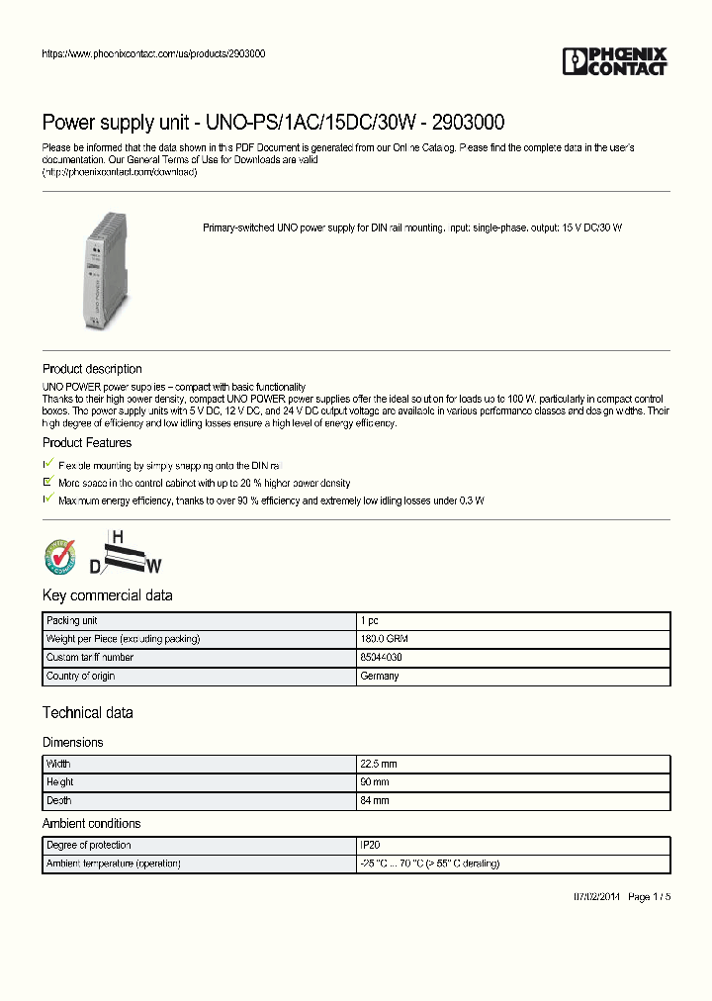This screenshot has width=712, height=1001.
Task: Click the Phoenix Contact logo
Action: click(x=615, y=61)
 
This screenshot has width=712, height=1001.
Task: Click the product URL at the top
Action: click(x=152, y=54)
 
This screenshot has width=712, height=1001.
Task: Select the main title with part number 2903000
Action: click(x=273, y=123)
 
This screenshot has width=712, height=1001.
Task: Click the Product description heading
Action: click(x=92, y=369)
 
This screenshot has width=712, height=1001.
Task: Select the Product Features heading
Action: click(x=87, y=443)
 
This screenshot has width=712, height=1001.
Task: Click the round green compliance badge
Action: click(x=60, y=557)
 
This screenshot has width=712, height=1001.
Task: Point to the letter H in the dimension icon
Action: click(x=117, y=537)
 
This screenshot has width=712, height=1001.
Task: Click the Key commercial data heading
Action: click(x=107, y=595)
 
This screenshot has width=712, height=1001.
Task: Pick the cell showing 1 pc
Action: click(x=369, y=621)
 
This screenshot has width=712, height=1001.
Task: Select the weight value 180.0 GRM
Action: click(x=383, y=639)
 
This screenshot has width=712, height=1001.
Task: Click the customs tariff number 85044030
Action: click(x=381, y=658)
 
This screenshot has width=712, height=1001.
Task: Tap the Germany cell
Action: click(x=380, y=677)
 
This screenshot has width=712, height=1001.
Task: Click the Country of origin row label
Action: click(x=81, y=677)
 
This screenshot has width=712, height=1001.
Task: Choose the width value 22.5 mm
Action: click(x=379, y=765)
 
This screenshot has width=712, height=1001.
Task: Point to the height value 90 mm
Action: click(x=375, y=782)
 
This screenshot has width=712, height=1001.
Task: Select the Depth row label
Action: click(x=59, y=800)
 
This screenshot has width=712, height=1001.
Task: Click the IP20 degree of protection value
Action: click(x=370, y=846)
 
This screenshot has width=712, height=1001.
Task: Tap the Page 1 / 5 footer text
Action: click(x=650, y=897)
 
